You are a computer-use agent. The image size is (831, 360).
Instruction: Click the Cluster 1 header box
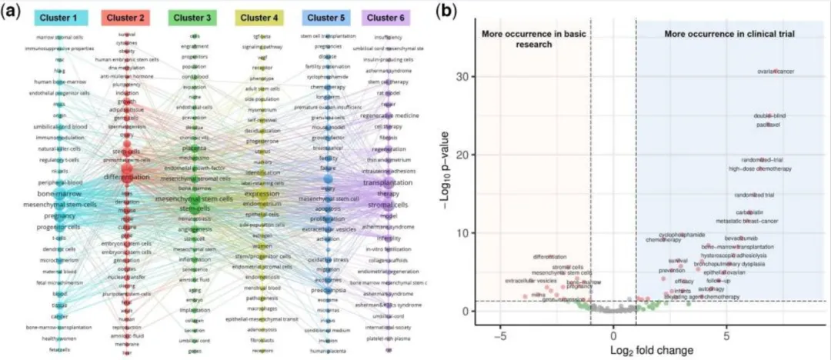click(59, 17)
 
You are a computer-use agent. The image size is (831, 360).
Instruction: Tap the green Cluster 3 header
click(195, 17)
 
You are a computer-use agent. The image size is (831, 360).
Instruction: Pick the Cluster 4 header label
click(262, 17)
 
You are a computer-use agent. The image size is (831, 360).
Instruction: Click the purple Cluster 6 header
click(387, 17)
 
